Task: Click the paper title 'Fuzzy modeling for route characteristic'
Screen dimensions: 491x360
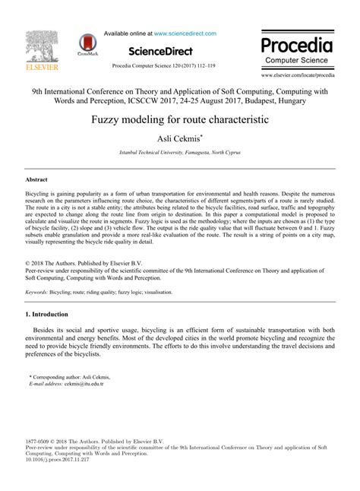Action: tap(180, 120)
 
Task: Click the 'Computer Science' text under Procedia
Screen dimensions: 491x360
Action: tap(297, 59)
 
